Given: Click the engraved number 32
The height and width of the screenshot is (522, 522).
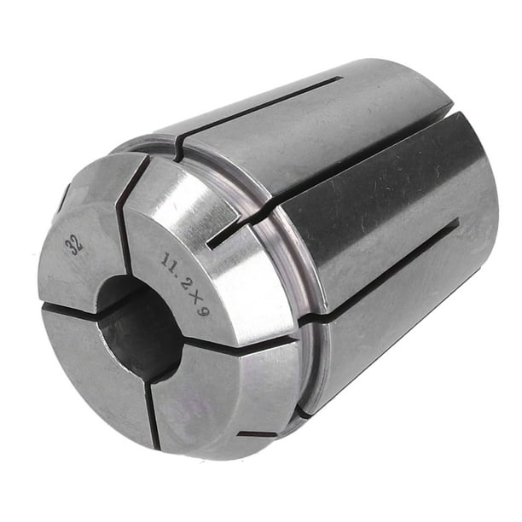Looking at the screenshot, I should click(77, 245).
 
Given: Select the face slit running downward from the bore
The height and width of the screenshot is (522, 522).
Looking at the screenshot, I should click(152, 409).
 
